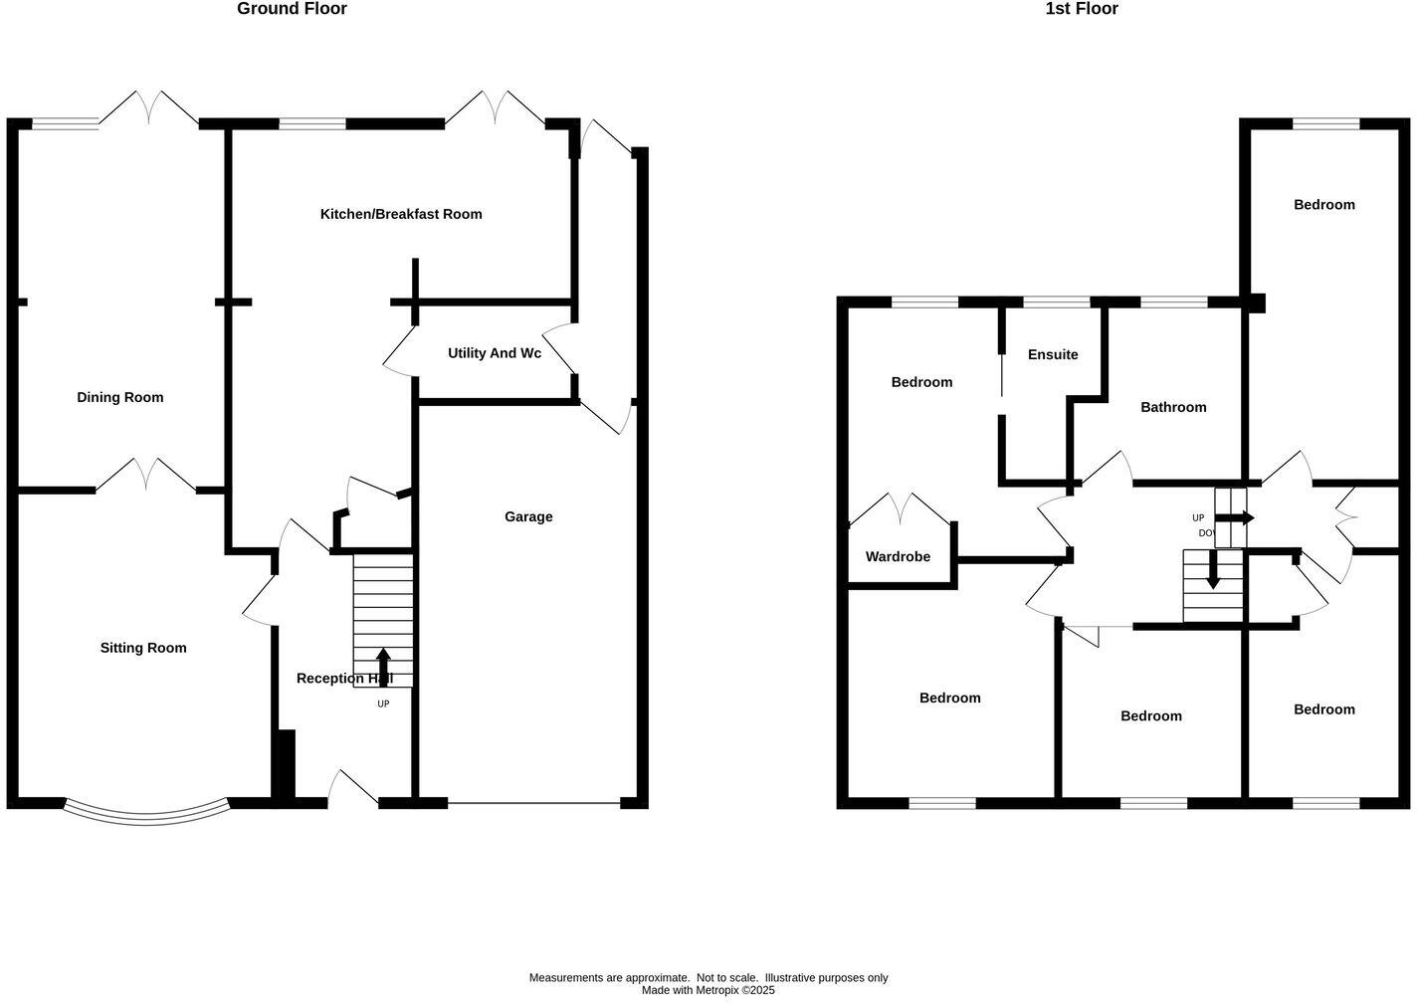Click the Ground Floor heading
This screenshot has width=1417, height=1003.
tap(292, 9)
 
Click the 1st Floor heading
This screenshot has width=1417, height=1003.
tap(1081, 9)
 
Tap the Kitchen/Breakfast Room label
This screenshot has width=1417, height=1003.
tap(400, 214)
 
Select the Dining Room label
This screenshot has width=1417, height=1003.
tap(119, 397)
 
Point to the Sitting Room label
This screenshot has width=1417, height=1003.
tap(143, 648)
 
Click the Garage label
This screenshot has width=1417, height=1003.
tap(528, 516)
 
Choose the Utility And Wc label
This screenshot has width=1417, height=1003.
tap(495, 353)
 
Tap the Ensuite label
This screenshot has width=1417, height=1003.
tap(1053, 354)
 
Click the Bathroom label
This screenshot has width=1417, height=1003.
tap(1173, 407)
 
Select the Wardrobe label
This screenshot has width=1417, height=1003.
tap(898, 556)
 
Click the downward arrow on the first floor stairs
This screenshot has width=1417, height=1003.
tap(1212, 572)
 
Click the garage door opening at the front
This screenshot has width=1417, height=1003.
tap(533, 802)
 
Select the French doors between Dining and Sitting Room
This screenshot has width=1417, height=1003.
tap(146, 476)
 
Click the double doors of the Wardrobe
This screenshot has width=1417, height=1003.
tap(902, 508)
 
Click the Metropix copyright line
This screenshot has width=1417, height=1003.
tap(708, 990)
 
